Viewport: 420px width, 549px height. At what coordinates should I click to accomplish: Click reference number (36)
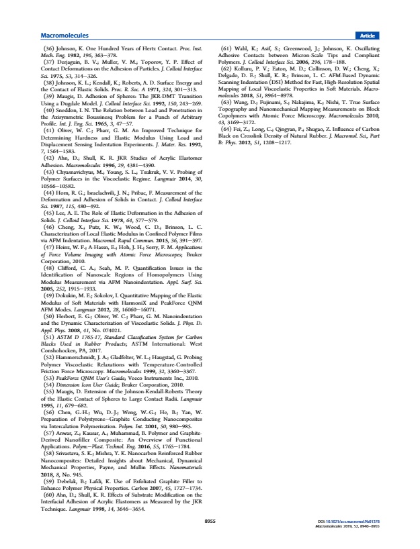click(x=48, y=50)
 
